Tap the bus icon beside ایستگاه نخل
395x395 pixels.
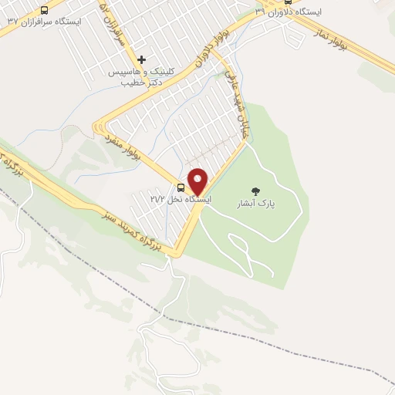181,187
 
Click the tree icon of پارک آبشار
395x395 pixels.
255,191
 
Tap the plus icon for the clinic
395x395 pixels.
141,59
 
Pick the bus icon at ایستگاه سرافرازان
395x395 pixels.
43,11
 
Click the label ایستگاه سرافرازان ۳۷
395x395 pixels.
42,21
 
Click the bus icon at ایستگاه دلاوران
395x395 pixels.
287,2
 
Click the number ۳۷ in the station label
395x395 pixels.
12,21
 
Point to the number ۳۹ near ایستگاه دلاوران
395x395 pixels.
261,12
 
